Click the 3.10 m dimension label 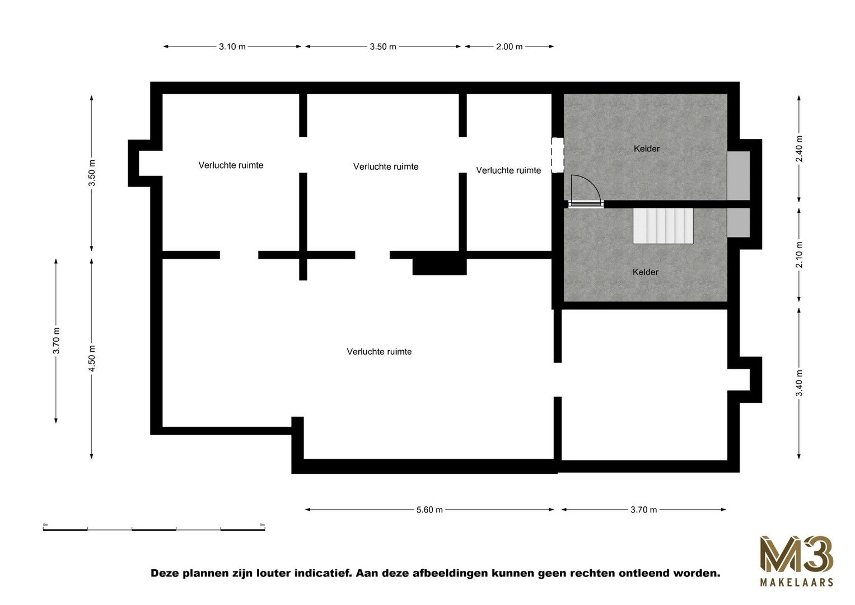(x=232, y=46)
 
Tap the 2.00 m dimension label (x=509, y=46)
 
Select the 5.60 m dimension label (x=429, y=510)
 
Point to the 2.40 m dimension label (x=799, y=148)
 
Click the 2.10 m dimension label (x=799, y=254)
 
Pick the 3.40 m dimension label (x=799, y=383)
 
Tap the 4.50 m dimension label (x=92, y=358)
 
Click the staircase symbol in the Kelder (x=663, y=226)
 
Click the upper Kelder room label (x=647, y=148)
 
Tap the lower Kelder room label (x=646, y=272)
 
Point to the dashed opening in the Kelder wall (x=558, y=155)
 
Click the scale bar (x=154, y=529)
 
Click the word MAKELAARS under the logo (x=797, y=582)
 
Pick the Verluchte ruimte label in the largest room (x=379, y=351)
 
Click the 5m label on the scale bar (x=262, y=525)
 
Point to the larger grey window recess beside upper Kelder (x=738, y=175)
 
